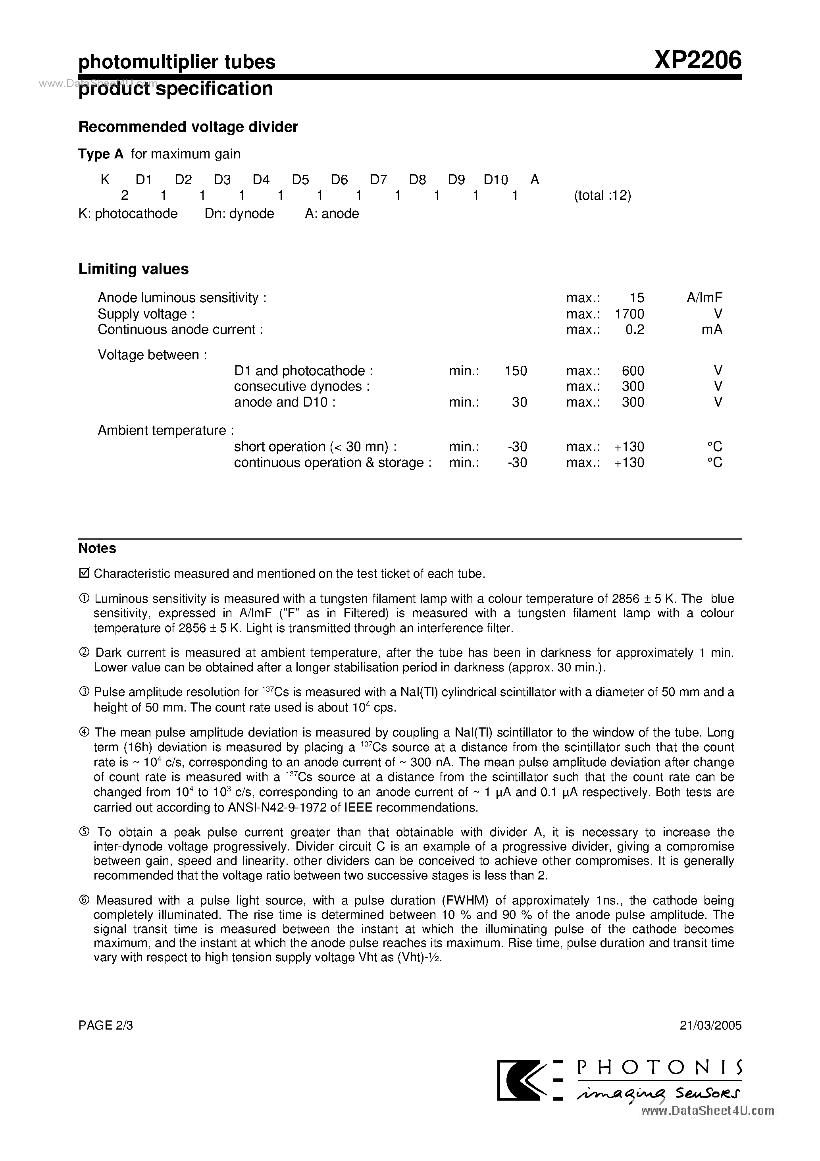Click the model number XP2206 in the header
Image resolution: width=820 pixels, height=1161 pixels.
click(x=698, y=61)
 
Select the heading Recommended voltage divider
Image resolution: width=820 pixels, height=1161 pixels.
click(x=188, y=127)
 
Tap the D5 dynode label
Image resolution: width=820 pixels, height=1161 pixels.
click(x=300, y=179)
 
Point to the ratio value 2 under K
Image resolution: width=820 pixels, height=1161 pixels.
click(x=125, y=196)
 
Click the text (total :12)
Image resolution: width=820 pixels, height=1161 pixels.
click(x=602, y=196)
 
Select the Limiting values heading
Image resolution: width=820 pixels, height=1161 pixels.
click(x=133, y=269)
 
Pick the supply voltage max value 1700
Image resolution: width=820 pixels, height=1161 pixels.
click(x=629, y=314)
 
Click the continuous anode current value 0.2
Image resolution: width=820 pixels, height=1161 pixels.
click(x=635, y=330)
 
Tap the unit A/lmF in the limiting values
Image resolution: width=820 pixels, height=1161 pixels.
click(x=704, y=298)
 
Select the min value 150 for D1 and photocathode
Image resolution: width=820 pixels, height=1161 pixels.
click(x=516, y=371)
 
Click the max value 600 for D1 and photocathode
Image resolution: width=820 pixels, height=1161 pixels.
click(x=633, y=371)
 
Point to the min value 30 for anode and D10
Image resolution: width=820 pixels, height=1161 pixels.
click(x=519, y=403)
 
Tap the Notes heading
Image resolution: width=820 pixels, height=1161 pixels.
click(x=97, y=549)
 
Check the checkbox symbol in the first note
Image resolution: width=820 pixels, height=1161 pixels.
click(x=85, y=573)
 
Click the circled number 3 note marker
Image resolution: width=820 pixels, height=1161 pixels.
click(x=85, y=692)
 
